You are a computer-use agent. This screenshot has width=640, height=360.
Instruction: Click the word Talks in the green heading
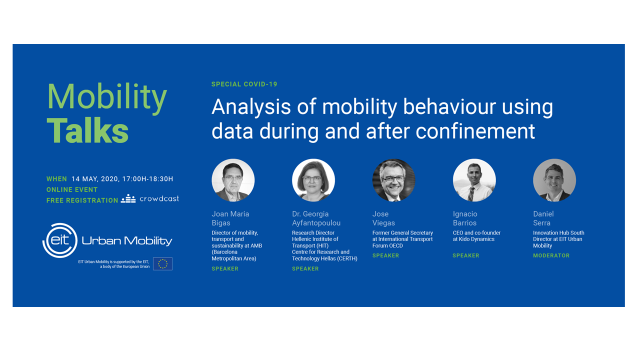[88, 131]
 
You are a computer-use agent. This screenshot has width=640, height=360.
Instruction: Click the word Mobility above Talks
[107, 97]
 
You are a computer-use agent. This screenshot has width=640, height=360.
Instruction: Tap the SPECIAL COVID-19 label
[244, 85]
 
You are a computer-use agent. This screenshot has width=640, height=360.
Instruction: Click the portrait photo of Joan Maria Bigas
[233, 181]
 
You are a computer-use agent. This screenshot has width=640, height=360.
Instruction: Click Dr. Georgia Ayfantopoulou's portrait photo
[313, 181]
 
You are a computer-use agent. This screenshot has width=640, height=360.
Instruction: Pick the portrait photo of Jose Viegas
[393, 181]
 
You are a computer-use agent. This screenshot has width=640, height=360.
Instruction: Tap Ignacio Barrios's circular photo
[473, 181]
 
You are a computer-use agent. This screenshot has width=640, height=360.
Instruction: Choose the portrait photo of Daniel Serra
[553, 181]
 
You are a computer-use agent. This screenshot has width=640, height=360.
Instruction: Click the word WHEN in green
[57, 178]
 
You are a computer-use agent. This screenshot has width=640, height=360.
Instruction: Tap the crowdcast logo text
[158, 199]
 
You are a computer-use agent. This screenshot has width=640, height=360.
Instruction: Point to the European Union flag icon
[162, 264]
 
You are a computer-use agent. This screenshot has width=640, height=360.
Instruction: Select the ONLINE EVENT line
[73, 189]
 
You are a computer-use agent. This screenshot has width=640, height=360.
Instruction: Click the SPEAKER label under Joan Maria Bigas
[226, 269]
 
